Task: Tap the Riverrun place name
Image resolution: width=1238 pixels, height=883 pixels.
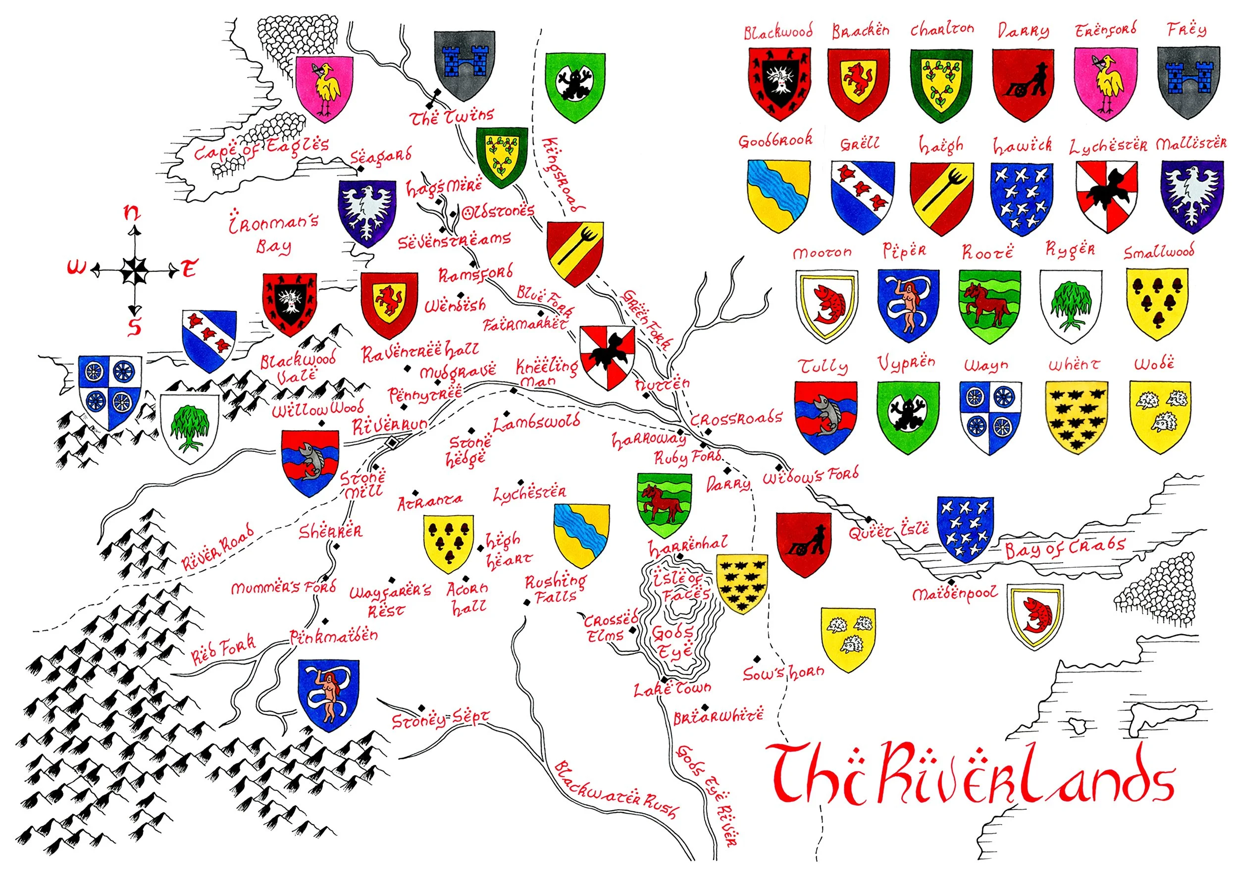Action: pyautogui.click(x=389, y=426)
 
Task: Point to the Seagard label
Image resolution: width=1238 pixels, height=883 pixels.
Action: pyautogui.click(x=380, y=156)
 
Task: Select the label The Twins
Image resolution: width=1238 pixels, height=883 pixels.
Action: pyautogui.click(x=452, y=116)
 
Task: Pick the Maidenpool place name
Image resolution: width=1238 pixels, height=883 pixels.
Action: pyautogui.click(x=955, y=593)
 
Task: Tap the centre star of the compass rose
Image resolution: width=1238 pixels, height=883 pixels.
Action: pyautogui.click(x=133, y=270)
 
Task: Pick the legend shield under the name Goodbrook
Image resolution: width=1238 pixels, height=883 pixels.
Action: pyautogui.click(x=778, y=196)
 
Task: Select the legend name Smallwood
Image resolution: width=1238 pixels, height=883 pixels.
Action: pyautogui.click(x=1159, y=252)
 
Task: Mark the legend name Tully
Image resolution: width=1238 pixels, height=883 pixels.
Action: pyautogui.click(x=823, y=366)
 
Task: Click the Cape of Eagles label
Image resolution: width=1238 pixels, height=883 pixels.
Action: pyautogui.click(x=261, y=148)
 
